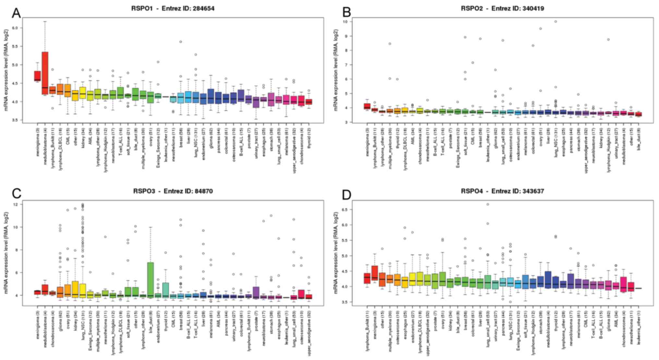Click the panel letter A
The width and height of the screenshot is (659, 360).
point(16,13)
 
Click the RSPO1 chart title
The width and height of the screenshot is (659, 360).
point(173,8)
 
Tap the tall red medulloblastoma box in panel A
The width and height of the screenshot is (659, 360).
point(45,73)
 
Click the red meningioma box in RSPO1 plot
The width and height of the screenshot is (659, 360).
point(37,76)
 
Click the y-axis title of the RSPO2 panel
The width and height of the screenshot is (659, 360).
point(336,70)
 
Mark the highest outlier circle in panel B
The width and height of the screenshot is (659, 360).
point(555,21)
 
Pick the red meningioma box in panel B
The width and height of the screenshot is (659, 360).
point(367,106)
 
